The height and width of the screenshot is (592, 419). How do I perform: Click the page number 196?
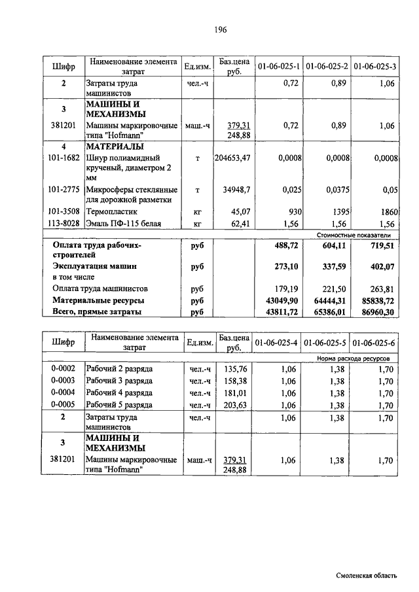220,30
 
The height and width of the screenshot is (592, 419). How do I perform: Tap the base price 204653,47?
232,158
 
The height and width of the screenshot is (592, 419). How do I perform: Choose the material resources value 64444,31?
331,300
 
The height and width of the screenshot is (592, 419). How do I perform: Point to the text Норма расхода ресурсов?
353,358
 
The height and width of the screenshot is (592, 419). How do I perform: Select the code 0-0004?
64,392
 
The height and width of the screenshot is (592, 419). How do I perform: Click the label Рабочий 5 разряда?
119,405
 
